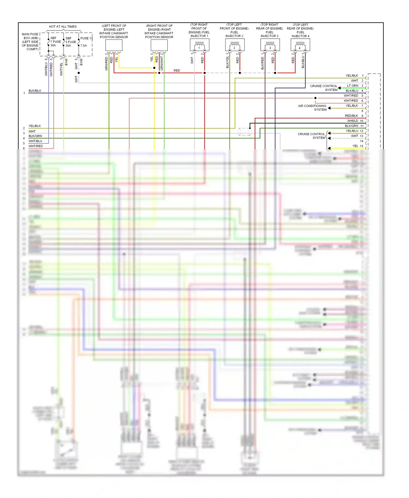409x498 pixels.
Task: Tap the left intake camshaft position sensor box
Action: pyautogui.click(x=114, y=45)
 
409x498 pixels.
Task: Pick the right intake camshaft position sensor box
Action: pyautogui.click(x=159, y=45)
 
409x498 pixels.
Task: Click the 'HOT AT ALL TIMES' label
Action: pyautogui.click(x=63, y=27)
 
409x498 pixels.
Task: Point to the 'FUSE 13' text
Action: pyautogui.click(x=86, y=38)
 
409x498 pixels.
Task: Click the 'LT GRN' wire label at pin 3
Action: pyautogui.click(x=353, y=86)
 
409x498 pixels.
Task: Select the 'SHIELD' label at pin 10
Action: pyautogui.click(x=353, y=121)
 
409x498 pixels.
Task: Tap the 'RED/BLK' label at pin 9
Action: pyautogui.click(x=351, y=116)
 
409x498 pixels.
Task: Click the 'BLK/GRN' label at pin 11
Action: pyautogui.click(x=351, y=126)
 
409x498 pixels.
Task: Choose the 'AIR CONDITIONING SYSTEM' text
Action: pyautogui.click(x=312, y=108)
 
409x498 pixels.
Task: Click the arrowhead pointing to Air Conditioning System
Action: pyautogui.click(x=329, y=108)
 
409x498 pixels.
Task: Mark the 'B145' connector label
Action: pyautogui.click(x=66, y=62)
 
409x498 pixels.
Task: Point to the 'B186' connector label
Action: pyautogui.click(x=81, y=62)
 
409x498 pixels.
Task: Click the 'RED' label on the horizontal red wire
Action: pyautogui.click(x=177, y=71)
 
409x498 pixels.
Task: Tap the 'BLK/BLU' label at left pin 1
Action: pyautogui.click(x=35, y=91)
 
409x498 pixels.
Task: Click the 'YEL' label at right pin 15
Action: pyautogui.click(x=355, y=146)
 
